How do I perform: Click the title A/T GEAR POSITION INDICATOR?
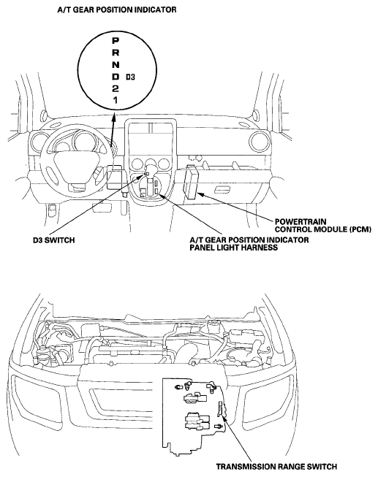117,9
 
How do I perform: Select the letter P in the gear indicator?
116,41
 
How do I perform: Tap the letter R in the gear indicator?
116,53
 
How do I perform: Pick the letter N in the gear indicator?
116,65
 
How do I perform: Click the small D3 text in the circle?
130,77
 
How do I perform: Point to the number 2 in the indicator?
116,88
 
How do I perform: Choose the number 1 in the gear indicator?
116,100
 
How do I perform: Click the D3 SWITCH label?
54,240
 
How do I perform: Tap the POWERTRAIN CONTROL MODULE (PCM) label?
323,226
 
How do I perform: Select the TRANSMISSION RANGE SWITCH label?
276,467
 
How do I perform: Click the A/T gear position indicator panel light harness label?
249,244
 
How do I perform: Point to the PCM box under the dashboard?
190,182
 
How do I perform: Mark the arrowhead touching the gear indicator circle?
113,118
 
